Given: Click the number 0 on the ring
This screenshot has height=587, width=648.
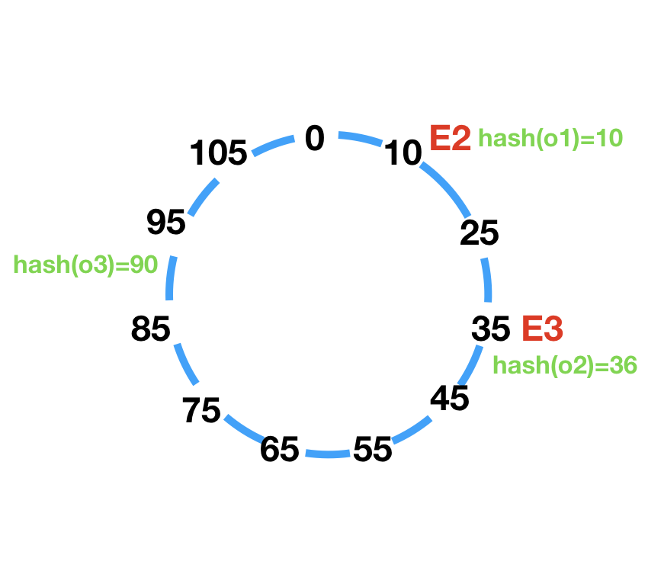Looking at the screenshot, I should [315, 138].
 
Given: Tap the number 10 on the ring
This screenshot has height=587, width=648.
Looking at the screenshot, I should [403, 154].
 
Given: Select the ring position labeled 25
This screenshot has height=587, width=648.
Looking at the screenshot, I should [480, 233].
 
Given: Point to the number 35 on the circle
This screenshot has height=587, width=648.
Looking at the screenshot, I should [490, 329].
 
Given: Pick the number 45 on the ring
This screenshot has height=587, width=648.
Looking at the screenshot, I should [449, 398].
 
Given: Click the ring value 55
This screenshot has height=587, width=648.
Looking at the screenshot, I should [373, 450].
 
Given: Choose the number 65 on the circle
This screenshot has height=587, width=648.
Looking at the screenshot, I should [279, 450].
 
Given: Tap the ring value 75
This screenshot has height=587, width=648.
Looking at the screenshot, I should [202, 411].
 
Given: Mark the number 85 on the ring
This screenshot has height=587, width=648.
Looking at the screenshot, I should [150, 330].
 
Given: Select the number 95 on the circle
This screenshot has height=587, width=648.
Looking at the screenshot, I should [166, 223].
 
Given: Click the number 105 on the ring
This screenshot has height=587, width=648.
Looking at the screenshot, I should [219, 154].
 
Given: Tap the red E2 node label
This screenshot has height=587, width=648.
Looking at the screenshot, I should [450, 138].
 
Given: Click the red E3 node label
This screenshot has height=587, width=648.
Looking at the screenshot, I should [542, 329].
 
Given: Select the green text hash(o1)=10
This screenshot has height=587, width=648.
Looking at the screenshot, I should [550, 138].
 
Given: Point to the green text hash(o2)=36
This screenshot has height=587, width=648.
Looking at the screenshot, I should [565, 365].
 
